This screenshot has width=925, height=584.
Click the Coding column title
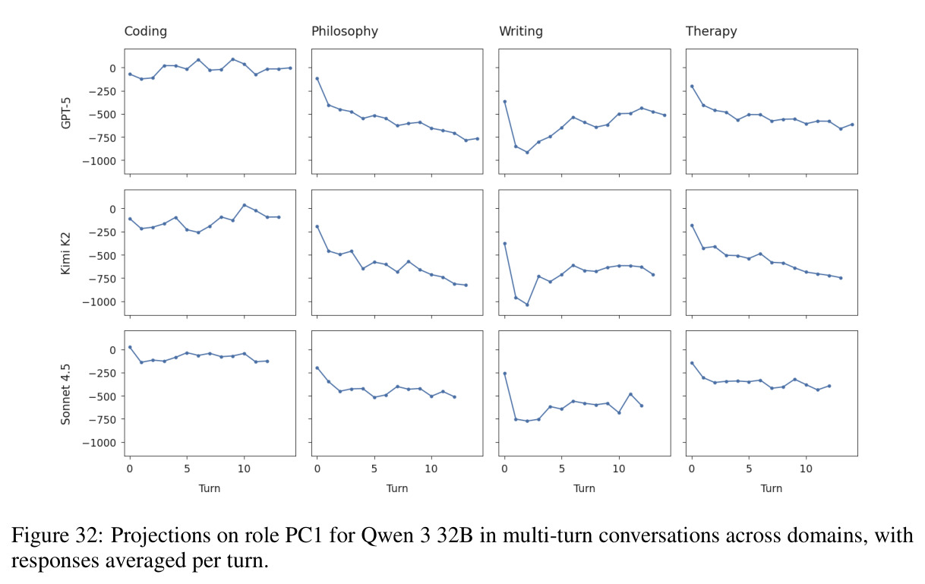pos(145,31)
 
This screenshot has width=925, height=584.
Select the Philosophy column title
pos(344,31)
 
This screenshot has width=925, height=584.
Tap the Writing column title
pos(521,31)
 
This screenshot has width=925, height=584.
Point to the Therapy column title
pos(711,31)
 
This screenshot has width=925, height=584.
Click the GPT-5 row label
pos(66,112)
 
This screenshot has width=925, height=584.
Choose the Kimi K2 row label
pos(66,253)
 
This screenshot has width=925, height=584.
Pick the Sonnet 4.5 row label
pos(66,394)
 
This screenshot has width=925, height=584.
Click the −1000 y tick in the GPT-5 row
pos(99,161)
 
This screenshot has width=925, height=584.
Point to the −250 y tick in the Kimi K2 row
pos(102,232)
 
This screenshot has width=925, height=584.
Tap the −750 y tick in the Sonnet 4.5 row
pos(102,419)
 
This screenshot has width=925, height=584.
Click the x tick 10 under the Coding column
pos(244,469)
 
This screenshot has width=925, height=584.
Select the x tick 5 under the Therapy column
pos(749,469)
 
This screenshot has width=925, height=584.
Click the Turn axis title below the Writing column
pos(584,488)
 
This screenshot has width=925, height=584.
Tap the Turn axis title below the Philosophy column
pos(397,488)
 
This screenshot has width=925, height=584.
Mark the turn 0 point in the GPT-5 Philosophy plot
pos(317,78)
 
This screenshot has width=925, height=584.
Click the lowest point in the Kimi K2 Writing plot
pos(527,305)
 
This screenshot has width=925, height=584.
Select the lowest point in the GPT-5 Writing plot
pos(527,153)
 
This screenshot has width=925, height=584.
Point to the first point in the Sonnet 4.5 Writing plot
pos(504,374)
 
